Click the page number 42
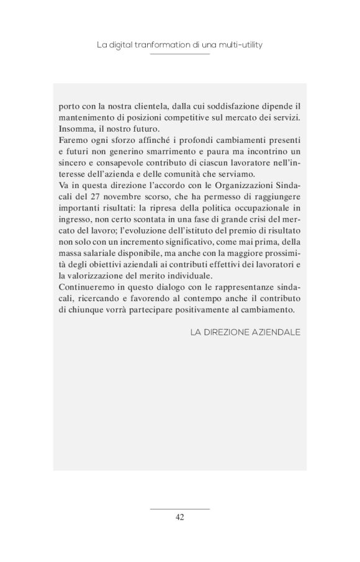point(179,517)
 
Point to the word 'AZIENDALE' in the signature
point(276,332)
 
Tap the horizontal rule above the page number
point(179,508)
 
